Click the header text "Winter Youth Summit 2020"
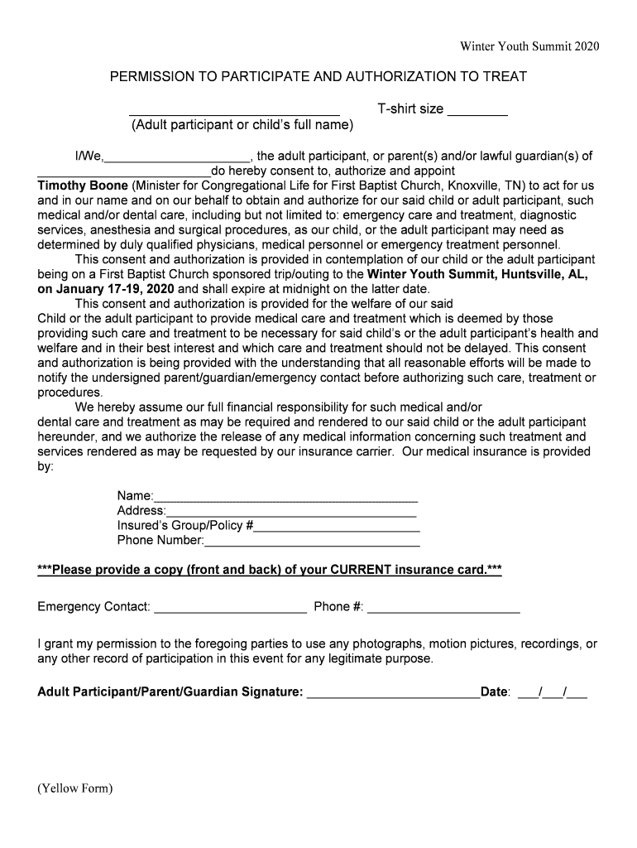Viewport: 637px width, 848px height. point(529,46)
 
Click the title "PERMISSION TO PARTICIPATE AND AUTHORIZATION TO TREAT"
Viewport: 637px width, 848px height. point(318,77)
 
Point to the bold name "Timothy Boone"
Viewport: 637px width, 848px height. point(82,185)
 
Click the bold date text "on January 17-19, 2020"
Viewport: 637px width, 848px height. point(106,289)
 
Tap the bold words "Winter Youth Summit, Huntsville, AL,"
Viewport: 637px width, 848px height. point(477,274)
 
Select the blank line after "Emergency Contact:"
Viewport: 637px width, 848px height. point(230,611)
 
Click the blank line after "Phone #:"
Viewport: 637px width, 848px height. point(443,611)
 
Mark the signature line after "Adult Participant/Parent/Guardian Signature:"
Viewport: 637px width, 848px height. point(393,696)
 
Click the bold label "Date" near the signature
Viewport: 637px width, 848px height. point(494,692)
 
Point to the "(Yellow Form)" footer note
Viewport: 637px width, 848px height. point(74,788)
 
